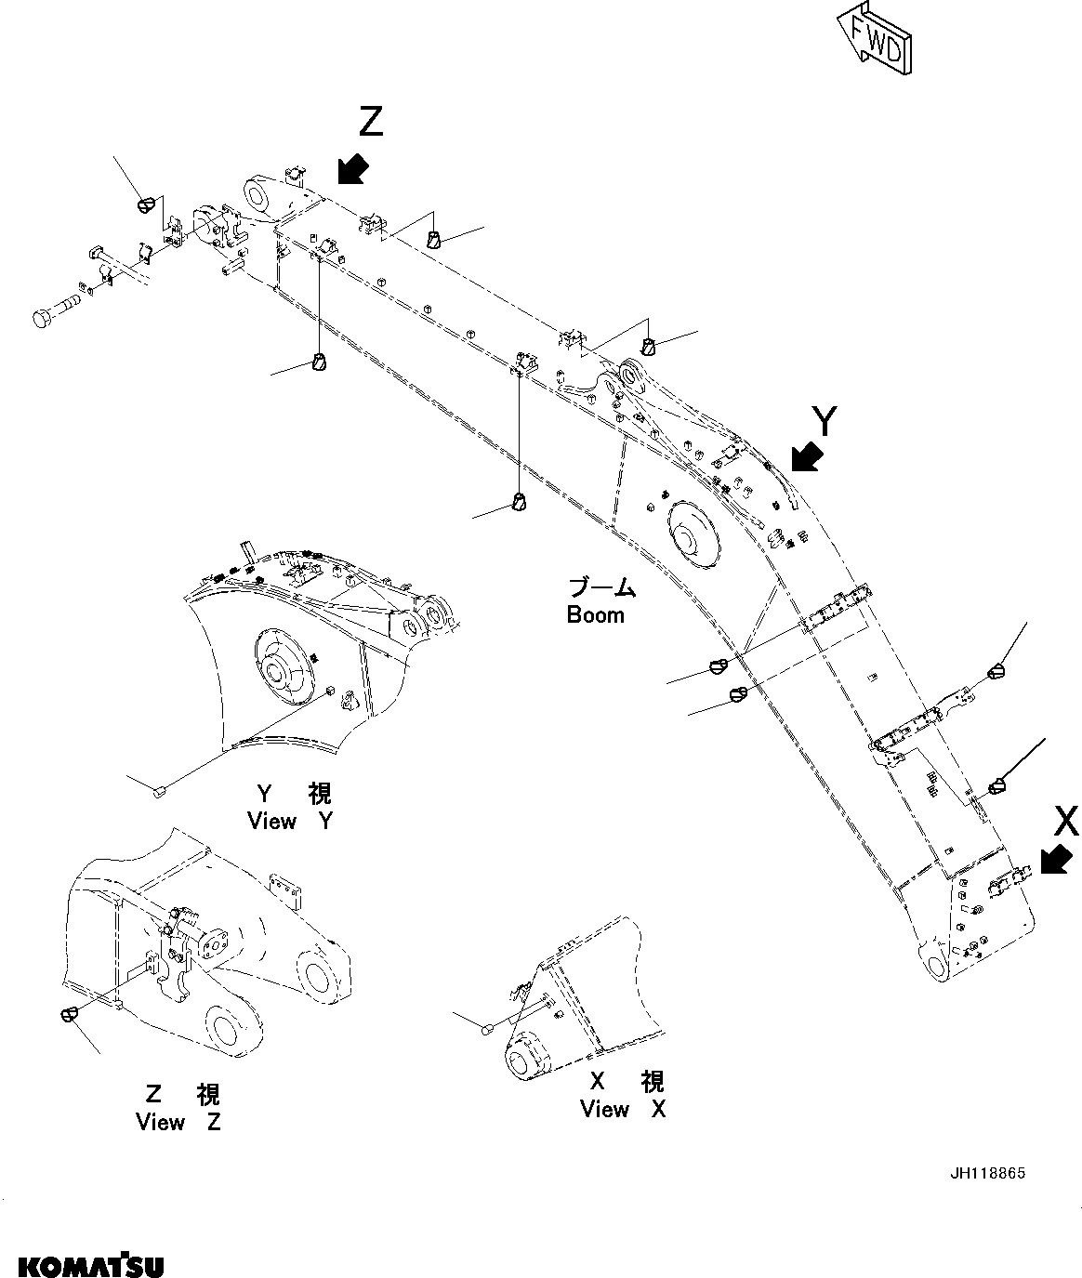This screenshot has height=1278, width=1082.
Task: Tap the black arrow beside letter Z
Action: click(351, 170)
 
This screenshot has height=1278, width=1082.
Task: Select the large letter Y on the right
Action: click(824, 421)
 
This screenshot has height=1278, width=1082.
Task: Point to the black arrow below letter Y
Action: click(804, 457)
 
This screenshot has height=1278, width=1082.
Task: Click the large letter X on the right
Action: click(1066, 821)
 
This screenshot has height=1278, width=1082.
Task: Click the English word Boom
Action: click(596, 615)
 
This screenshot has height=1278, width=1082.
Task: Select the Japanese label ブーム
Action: click(602, 588)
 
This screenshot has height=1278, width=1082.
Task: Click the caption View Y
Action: click(289, 821)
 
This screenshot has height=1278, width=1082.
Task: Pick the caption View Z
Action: click(178, 1122)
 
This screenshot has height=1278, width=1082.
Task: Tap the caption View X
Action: click(623, 1109)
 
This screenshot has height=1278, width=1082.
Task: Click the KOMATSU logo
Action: click(91, 1265)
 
